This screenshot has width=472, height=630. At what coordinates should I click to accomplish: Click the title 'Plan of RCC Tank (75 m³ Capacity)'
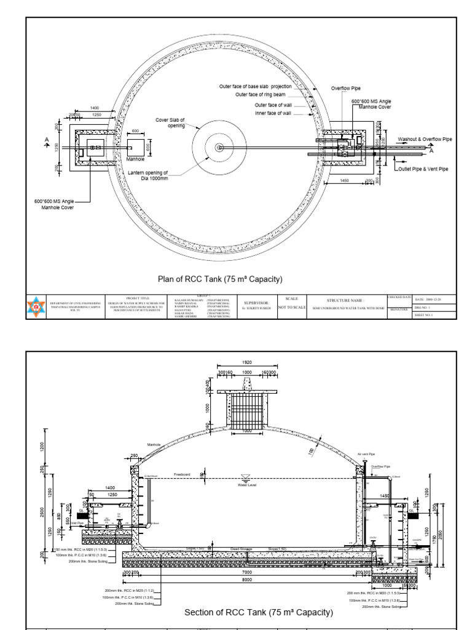[x=220, y=279]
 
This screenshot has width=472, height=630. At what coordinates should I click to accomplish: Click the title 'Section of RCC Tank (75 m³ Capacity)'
[x=259, y=612]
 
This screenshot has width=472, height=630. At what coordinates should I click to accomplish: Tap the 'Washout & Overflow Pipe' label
[x=425, y=140]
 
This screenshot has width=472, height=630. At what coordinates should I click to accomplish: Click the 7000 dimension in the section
[x=248, y=572]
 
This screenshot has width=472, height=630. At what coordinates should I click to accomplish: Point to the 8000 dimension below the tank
[x=248, y=579]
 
